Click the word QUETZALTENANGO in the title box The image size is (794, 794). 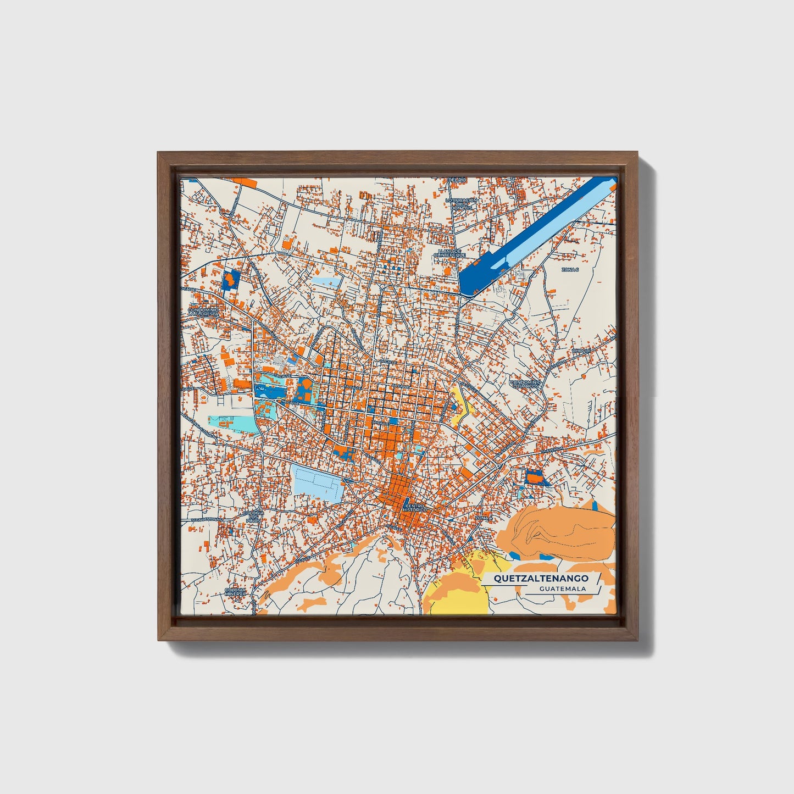tap(541, 578)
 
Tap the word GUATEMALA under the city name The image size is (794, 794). tap(562, 588)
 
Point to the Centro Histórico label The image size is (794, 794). tap(414, 508)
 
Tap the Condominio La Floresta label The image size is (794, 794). tap(203, 312)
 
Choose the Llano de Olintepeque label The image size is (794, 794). tap(449, 253)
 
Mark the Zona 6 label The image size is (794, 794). tap(570, 270)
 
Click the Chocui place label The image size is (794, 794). tap(581, 351)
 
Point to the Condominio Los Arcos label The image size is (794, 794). tap(526, 384)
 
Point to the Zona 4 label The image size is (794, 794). tap(482, 518)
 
